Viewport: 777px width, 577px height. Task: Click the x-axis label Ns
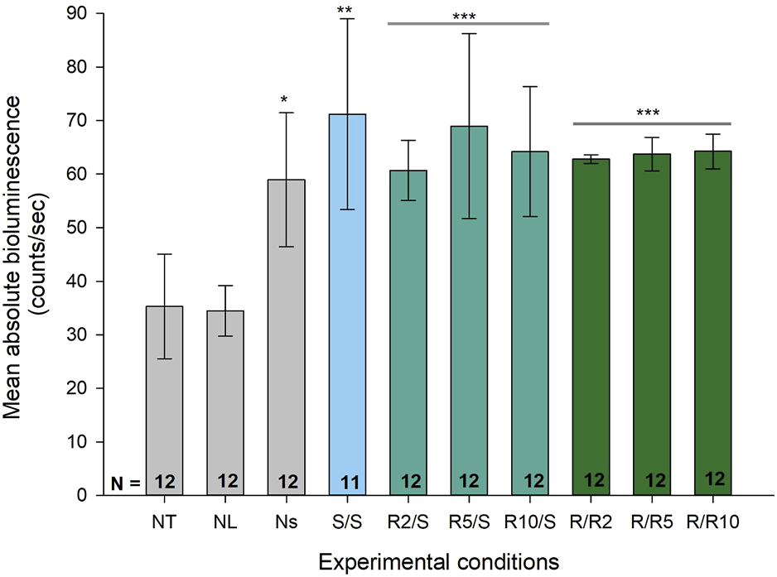click(287, 522)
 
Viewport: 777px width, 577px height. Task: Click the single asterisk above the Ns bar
click(284, 101)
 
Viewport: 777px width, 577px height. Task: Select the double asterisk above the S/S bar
click(348, 11)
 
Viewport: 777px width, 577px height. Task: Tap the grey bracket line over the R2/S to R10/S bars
click(469, 23)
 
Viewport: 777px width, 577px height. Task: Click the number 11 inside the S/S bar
click(348, 481)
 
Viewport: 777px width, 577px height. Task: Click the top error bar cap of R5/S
click(469, 34)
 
